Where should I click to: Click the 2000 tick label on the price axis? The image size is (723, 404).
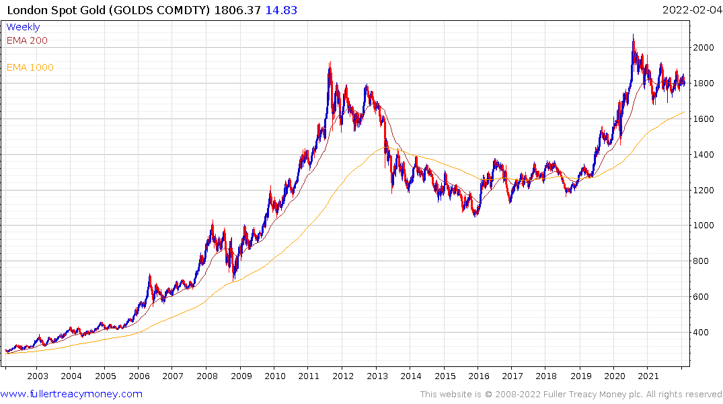coord(703,48)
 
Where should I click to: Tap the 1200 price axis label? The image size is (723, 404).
coord(703,191)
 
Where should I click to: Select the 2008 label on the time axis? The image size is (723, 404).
coord(206,376)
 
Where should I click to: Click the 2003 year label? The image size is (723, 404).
coord(37,376)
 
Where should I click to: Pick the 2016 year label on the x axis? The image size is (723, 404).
coord(478,376)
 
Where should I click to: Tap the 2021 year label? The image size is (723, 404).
coord(648,376)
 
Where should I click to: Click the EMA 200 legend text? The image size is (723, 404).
coord(27,40)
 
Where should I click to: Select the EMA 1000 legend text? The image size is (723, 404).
coord(30,67)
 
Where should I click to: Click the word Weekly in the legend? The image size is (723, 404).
coord(23,27)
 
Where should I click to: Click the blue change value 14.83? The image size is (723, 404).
coord(282,10)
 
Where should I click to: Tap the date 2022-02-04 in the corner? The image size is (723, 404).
coord(690,10)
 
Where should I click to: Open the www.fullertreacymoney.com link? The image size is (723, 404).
coord(71,394)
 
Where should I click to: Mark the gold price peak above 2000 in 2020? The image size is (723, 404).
coord(633,36)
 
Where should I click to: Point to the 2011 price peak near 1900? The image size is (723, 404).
coord(330,63)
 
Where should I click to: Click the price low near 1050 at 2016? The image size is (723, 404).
coord(475,216)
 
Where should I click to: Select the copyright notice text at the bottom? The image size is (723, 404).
coord(571,394)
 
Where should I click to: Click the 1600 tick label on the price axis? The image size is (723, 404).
coord(703,119)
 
